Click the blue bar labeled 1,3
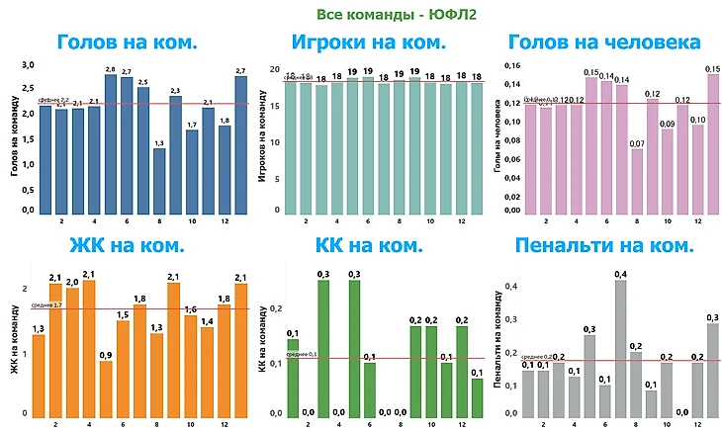(x=159, y=181)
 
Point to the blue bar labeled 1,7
(x=192, y=172)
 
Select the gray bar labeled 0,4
(x=620, y=348)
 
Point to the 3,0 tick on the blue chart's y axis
(x=29, y=65)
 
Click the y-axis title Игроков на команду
(x=260, y=140)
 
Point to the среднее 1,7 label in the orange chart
(x=46, y=305)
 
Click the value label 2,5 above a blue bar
(x=143, y=82)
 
